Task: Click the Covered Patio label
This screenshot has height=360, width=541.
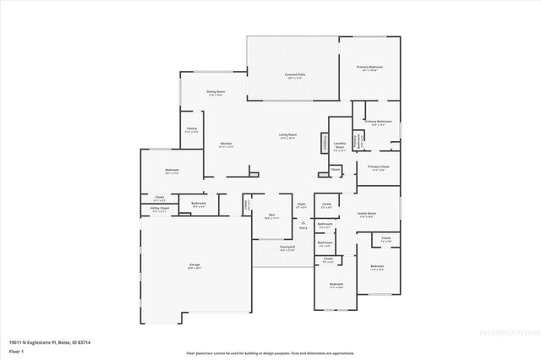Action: tap(294, 75)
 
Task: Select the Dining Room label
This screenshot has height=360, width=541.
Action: tap(216, 92)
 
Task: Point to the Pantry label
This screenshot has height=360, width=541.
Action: tap(192, 129)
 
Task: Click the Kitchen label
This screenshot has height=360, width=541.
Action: tap(226, 145)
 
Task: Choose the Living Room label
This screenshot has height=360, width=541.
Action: tap(287, 135)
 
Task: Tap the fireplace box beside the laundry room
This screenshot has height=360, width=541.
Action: tap(324, 144)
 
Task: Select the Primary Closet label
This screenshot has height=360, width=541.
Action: tap(378, 167)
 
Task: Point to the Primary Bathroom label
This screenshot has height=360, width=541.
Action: tap(378, 123)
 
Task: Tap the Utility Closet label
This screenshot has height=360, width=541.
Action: tap(160, 208)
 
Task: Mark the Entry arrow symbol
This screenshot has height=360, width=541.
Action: tap(302, 221)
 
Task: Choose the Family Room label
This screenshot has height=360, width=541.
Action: tap(366, 215)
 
